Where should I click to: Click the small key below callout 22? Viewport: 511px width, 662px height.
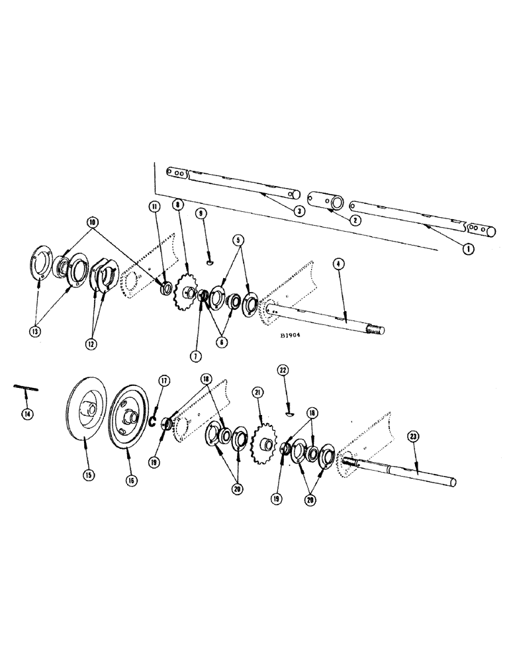289,414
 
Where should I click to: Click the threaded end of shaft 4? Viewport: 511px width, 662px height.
378,328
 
